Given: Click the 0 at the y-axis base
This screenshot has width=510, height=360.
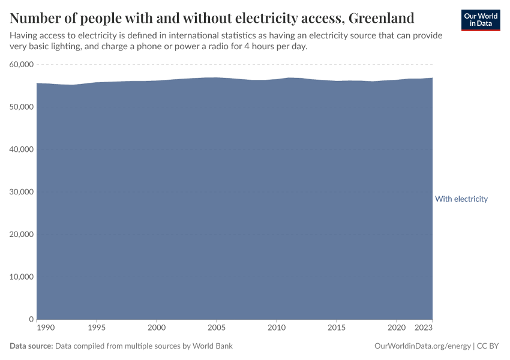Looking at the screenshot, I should [x=30, y=319].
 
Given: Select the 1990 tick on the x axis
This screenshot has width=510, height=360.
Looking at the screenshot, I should [x=45, y=329].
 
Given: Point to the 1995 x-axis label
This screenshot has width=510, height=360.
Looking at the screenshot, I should [x=97, y=329].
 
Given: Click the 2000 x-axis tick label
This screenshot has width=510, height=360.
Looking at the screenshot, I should [x=157, y=329].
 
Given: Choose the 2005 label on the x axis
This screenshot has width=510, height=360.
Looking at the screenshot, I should [x=217, y=329].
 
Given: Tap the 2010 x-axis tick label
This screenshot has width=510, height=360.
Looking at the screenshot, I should [x=277, y=329].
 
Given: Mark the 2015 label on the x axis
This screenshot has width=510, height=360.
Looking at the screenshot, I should [x=337, y=329].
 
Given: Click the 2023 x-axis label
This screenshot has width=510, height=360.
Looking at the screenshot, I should [x=424, y=329].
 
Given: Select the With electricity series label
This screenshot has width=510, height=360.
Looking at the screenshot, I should [x=461, y=199].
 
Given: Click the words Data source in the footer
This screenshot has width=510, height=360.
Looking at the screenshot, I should [x=31, y=346].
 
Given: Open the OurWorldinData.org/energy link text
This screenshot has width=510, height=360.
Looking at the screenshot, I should [x=422, y=346].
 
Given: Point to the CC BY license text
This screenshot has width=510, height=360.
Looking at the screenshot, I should [x=488, y=346].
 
